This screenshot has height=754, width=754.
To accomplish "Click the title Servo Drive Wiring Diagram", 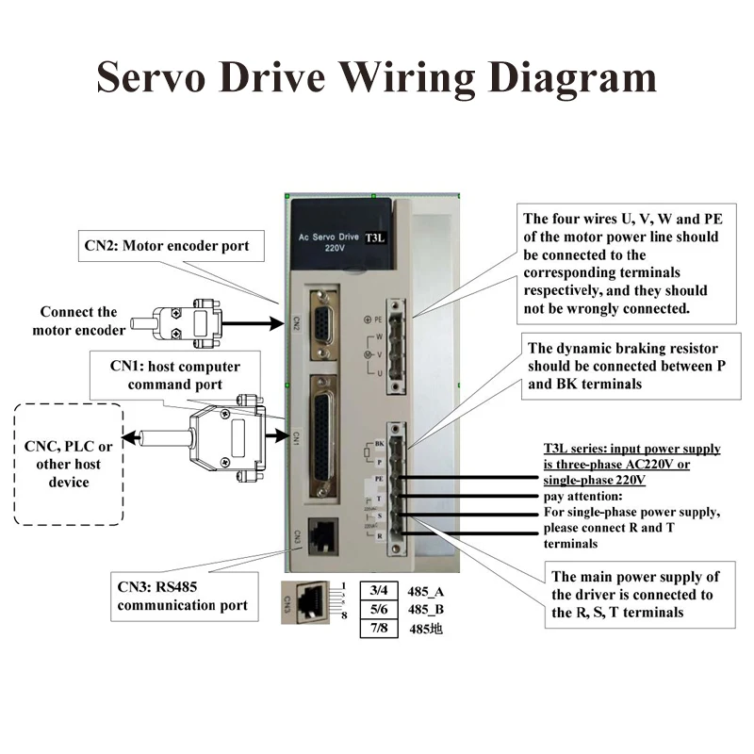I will pos(377,75).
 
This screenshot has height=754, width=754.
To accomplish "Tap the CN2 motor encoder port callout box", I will pos(167,246).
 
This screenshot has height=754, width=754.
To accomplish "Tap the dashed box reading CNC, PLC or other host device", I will pos(70,464).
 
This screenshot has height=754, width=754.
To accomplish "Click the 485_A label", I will pos(426,590).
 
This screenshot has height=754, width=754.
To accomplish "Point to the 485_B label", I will pos(426,609).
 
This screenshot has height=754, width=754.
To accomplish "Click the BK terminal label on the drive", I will pos(379,443).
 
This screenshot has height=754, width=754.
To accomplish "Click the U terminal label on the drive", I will pos(379,373).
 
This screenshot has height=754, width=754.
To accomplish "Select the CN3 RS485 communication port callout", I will pos(183,596).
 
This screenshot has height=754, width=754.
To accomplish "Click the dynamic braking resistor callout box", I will pos(625,367).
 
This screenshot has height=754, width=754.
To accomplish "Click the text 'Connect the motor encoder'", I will pos(78,320).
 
